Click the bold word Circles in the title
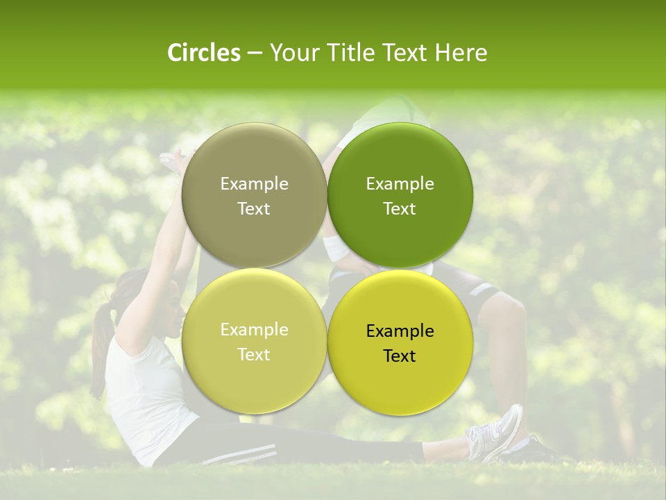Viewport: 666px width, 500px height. pyautogui.click(x=204, y=53)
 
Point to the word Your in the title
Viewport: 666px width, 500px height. pyautogui.click(x=292, y=53)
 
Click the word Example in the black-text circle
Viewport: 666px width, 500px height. pyautogui.click(x=400, y=331)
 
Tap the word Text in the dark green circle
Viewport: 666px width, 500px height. pyautogui.click(x=400, y=209)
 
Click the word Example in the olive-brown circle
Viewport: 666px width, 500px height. pyautogui.click(x=254, y=184)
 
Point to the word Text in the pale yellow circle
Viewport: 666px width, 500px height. pyautogui.click(x=254, y=355)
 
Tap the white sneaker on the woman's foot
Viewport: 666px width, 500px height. pyautogui.click(x=495, y=434)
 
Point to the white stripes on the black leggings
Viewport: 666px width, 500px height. pyautogui.click(x=236, y=455)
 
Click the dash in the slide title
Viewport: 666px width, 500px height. pyautogui.click(x=255, y=53)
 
